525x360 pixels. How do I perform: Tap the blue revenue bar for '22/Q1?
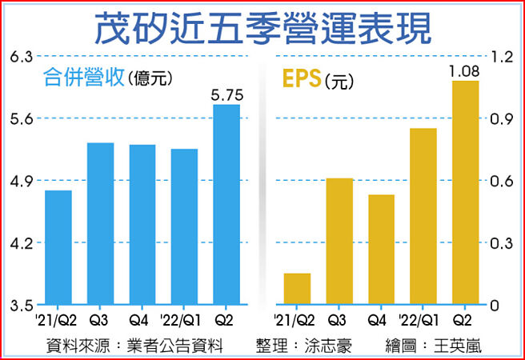coord(184,226)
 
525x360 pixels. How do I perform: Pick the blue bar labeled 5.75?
coord(226,204)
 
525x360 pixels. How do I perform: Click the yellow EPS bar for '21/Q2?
coord(297,289)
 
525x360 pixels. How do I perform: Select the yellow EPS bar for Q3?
coord(339,241)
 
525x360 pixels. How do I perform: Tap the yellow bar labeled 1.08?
coord(465,193)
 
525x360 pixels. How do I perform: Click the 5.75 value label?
coord(226,95)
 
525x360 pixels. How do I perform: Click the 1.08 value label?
coord(465,72)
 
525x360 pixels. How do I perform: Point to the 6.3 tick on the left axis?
coord(22,57)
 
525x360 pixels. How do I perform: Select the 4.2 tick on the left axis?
coord(22,243)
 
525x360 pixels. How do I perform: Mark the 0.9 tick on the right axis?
coord(501,119)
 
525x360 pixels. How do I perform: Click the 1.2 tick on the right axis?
coord(501,57)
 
